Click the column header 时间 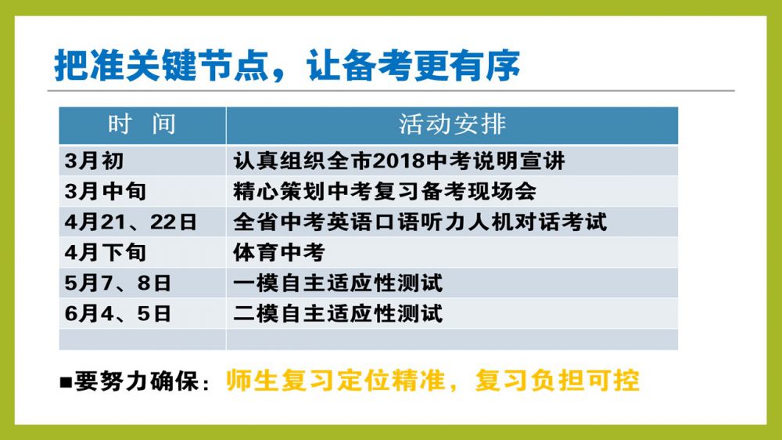(142, 124)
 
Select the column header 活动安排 (452, 124)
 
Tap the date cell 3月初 (95, 160)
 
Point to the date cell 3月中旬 (106, 191)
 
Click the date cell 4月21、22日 (131, 222)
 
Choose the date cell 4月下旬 (106, 253)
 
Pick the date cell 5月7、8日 (118, 283)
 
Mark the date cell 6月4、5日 (118, 314)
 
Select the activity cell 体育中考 (279, 253)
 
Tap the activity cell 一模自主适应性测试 (338, 283)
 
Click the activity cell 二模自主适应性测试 (338, 314)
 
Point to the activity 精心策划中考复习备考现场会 (385, 191)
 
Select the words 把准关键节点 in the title (162, 66)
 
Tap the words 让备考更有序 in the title (414, 66)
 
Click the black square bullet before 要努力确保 (66, 383)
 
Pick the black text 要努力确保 (136, 381)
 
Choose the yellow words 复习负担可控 (557, 380)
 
